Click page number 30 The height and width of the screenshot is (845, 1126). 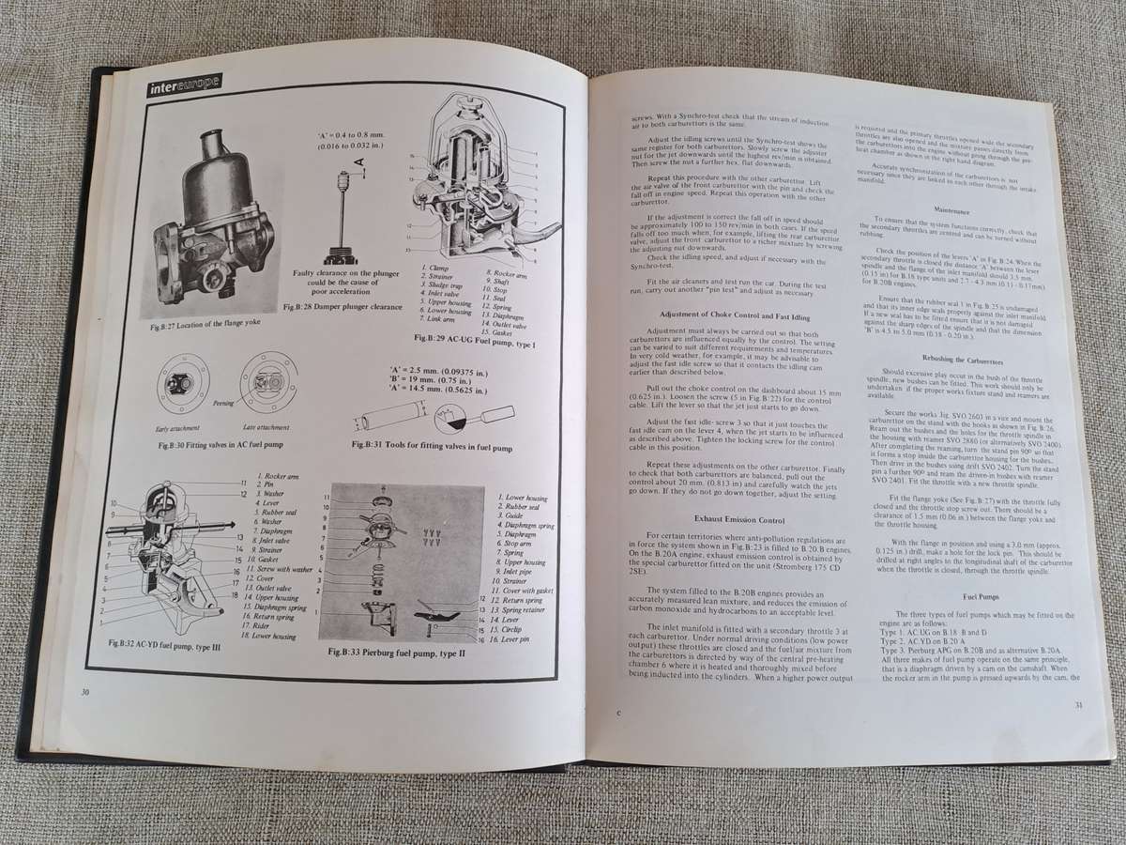pos(85,692)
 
